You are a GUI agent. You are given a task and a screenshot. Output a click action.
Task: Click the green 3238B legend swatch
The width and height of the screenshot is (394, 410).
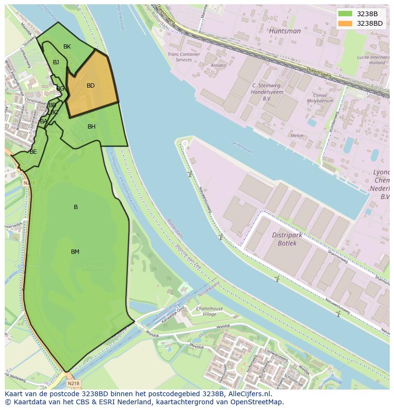tap(345, 14)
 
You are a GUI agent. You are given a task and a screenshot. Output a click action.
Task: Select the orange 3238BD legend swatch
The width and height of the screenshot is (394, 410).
tap(345, 23)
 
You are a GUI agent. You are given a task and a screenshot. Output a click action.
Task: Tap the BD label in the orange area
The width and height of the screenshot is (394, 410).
tap(90, 86)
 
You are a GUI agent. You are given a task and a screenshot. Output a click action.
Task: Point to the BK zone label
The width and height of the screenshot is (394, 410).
tap(67, 47)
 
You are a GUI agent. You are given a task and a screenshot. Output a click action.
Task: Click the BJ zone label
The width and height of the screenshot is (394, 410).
tap(56, 62)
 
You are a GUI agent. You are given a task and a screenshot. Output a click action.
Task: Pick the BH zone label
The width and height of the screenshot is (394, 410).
tap(91, 127)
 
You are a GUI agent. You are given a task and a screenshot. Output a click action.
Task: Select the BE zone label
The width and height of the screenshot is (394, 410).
tap(33, 152)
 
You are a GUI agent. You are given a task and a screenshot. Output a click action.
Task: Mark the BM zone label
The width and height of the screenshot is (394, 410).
tap(75, 252)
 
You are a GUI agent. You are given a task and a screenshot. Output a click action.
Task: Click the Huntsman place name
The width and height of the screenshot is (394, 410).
tap(285, 31)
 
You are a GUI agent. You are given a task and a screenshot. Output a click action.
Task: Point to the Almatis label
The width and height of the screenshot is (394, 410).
tap(218, 65)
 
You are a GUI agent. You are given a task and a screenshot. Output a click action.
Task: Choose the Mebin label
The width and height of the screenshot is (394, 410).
tap(297, 136)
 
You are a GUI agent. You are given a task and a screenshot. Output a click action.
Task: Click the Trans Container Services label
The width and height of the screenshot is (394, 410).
tap(184, 57)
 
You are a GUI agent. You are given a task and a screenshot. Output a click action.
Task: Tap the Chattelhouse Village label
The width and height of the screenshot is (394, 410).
tap(209, 311)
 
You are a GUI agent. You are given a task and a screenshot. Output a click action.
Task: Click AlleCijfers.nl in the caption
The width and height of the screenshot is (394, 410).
tap(249, 394)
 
